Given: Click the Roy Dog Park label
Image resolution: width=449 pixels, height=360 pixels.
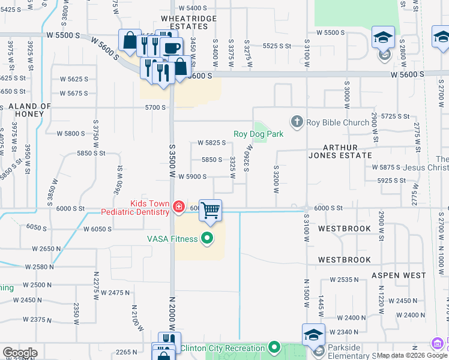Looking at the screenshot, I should pyautogui.click(x=258, y=134).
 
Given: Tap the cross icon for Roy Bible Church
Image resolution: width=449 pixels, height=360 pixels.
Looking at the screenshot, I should pyautogui.click(x=297, y=122).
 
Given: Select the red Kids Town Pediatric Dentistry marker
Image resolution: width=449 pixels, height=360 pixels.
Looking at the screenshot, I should pyautogui.click(x=178, y=208).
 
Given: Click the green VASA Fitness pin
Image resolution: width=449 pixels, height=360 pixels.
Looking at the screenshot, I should pyautogui.click(x=208, y=239).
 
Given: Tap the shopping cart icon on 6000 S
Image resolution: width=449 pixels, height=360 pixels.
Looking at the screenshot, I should pyautogui.click(x=210, y=211).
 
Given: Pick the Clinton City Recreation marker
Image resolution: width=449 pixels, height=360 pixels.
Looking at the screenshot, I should pyautogui.click(x=274, y=347).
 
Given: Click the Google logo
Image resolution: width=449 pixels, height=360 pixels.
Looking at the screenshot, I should pyautogui.click(x=20, y=353).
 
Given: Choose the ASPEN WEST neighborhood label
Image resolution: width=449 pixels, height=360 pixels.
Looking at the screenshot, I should pyautogui.click(x=399, y=275).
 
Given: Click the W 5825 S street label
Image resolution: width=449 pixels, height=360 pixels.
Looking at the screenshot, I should pyautogui.click(x=211, y=143).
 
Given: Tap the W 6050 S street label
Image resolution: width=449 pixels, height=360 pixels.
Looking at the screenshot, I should pyautogui.click(x=98, y=229).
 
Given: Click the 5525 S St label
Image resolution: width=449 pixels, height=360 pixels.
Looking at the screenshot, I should pyautogui.click(x=277, y=46).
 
